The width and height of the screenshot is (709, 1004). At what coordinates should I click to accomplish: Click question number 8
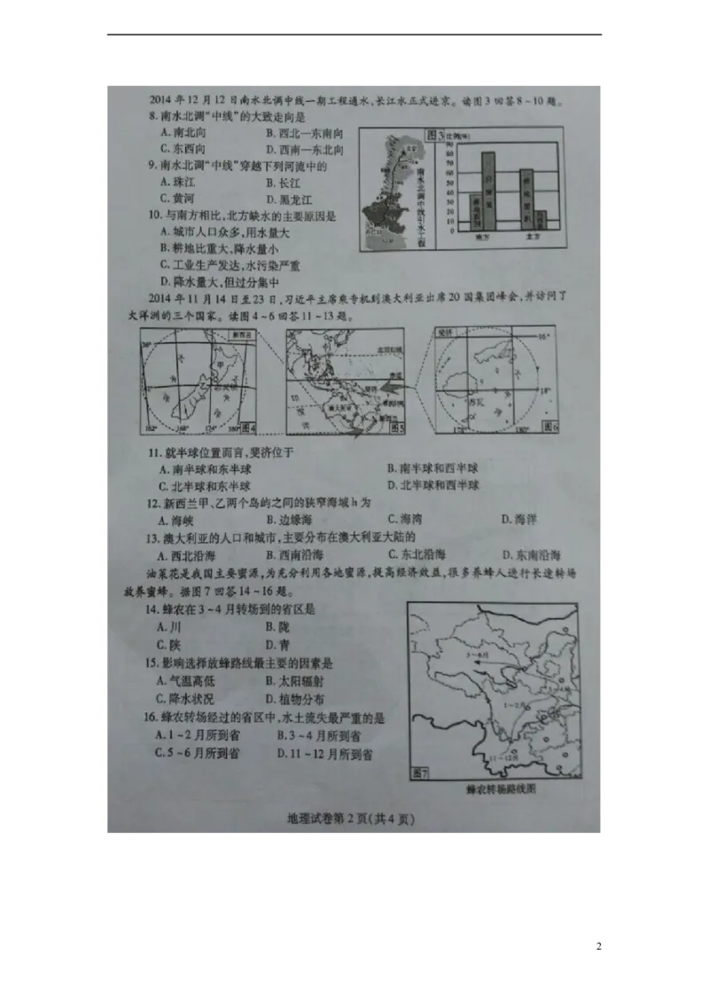point(152,116)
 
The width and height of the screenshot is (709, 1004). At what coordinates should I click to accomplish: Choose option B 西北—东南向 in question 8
point(301,133)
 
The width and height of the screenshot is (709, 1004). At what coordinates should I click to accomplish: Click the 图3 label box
point(433,134)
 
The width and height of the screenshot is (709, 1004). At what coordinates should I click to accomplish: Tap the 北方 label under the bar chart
point(534,238)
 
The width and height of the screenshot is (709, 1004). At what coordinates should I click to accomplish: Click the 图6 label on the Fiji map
point(549,427)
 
